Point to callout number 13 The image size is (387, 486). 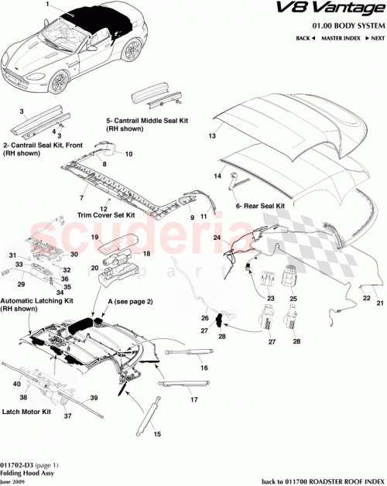(x=210, y=135)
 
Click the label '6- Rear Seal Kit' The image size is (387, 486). (x=260, y=206)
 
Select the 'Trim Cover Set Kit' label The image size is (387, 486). (x=106, y=214)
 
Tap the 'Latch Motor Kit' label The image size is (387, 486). (x=26, y=412)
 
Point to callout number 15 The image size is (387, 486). (x=158, y=434)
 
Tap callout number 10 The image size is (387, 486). (x=128, y=154)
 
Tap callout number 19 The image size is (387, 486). (x=94, y=237)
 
